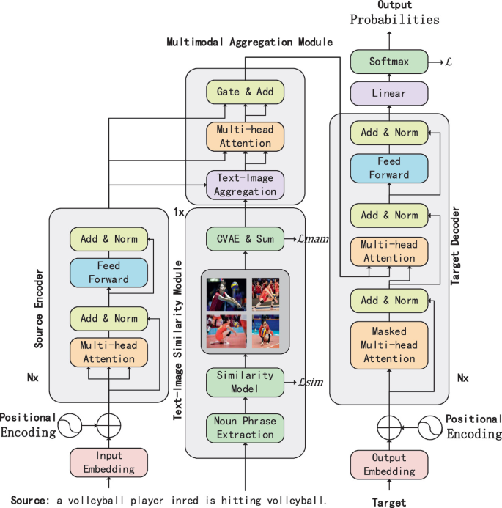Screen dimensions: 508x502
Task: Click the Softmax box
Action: [x=389, y=63]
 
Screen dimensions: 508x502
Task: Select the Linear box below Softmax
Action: [x=389, y=94]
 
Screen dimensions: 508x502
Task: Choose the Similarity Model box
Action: [x=245, y=381]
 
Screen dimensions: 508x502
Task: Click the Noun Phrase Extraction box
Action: [x=245, y=428]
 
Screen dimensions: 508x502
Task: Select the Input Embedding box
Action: [x=109, y=462]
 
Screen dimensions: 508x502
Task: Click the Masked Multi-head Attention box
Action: [x=390, y=344]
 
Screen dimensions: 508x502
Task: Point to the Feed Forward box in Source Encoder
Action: [x=110, y=273]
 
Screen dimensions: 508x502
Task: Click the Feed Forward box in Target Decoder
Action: [x=390, y=169]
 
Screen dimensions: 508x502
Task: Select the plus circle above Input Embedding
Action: [x=109, y=424]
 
